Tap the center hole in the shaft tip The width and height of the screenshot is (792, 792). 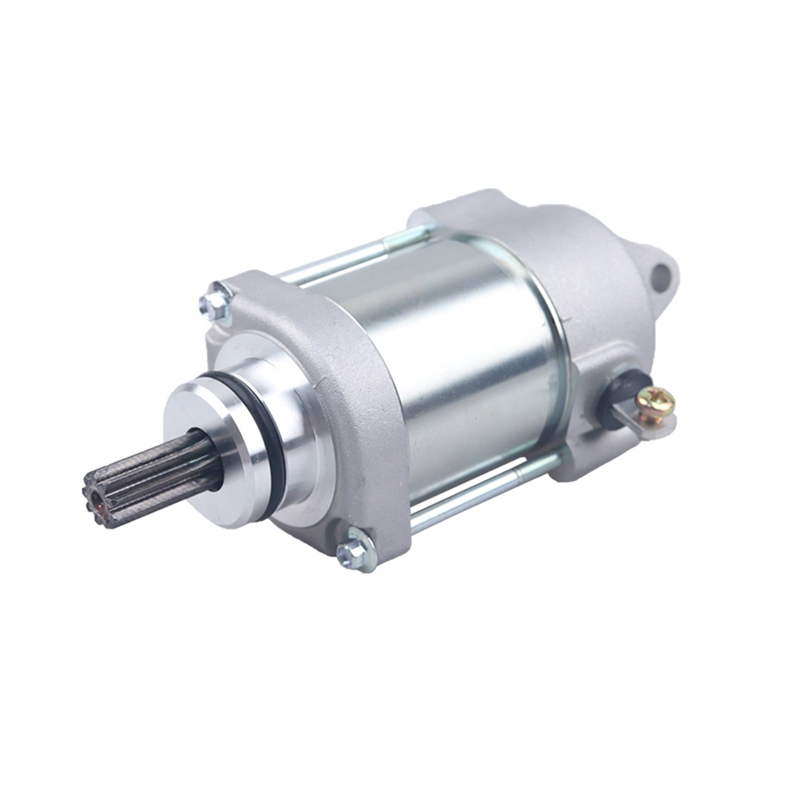(98, 498)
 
